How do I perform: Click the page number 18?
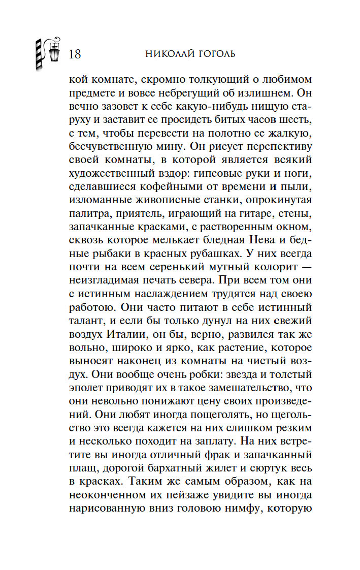[74, 54]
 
